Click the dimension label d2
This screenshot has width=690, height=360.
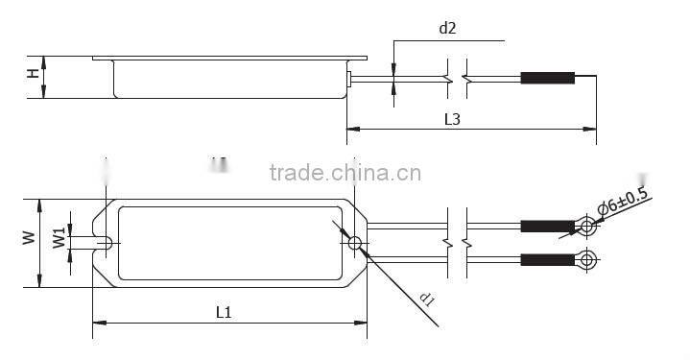pos(447,28)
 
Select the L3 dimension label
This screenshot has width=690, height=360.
pos(454,120)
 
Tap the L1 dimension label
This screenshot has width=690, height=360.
pos(224,312)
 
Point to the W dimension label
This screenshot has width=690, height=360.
pos(29,237)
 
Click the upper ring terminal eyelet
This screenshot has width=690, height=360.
pos(586,228)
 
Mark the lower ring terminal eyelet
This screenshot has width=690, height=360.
pos(586,259)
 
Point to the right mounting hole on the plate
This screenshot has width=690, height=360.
pos(355,243)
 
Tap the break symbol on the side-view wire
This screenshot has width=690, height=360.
pos(457,78)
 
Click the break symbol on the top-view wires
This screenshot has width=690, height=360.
pos(457,242)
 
